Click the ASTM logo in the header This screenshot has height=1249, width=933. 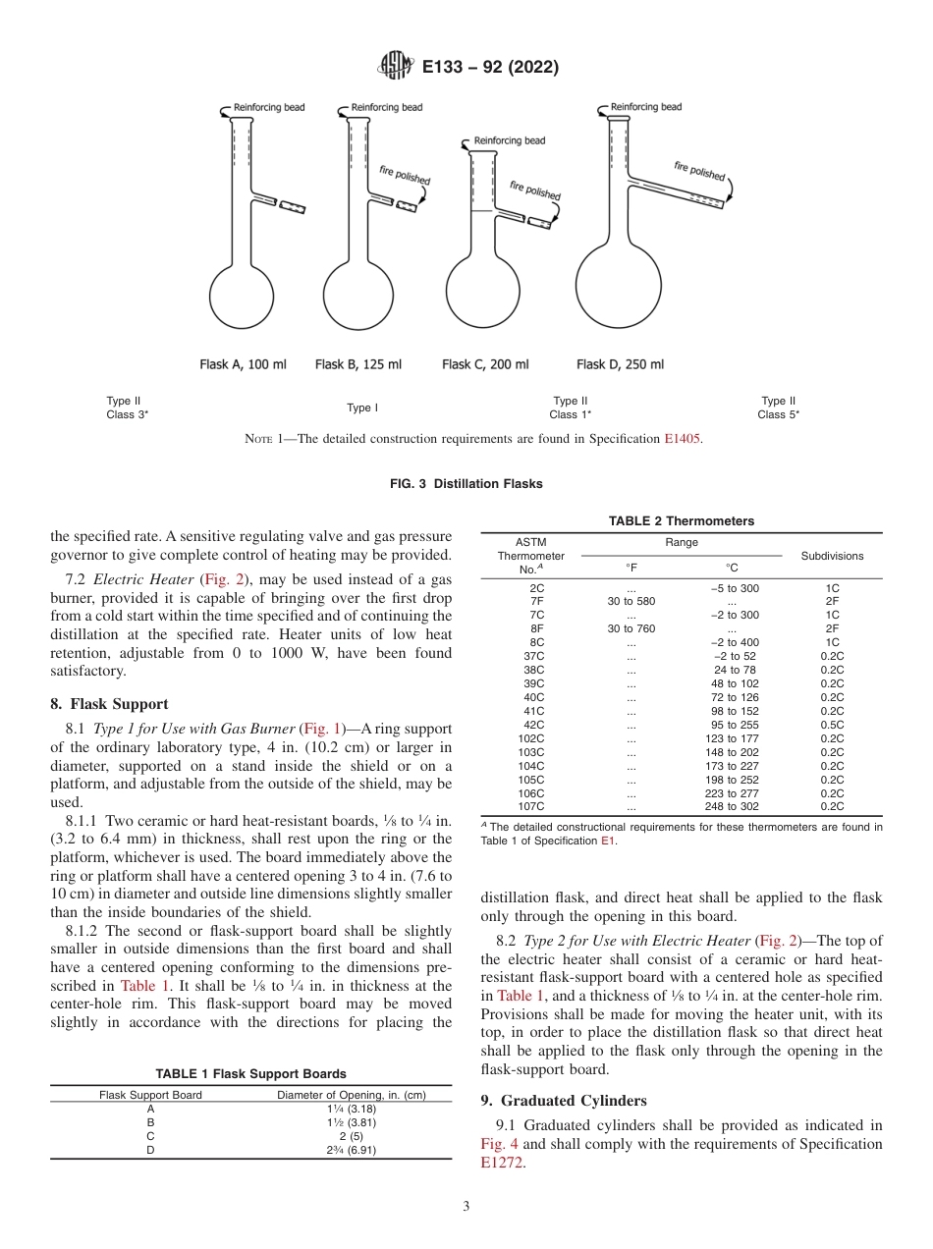point(396,67)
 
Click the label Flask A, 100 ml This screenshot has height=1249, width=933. point(243,364)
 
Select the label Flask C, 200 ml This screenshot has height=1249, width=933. point(485,364)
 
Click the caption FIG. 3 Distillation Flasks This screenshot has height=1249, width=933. point(466,484)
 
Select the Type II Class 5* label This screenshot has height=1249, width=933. point(778,407)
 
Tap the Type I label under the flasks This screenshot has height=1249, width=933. point(361,407)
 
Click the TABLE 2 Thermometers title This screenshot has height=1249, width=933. point(682,521)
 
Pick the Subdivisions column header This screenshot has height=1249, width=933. point(832,556)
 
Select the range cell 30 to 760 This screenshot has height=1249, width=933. point(631,628)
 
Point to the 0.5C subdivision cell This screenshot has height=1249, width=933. point(832,725)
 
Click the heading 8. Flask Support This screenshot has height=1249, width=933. point(109,704)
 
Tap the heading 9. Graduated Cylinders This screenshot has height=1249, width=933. point(564,1101)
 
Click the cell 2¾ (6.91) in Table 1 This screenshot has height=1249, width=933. point(352,1150)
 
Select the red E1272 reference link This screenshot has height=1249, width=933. point(503,1163)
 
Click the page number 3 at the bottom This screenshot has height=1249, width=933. point(466,1207)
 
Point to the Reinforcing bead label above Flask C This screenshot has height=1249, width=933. point(509,141)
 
